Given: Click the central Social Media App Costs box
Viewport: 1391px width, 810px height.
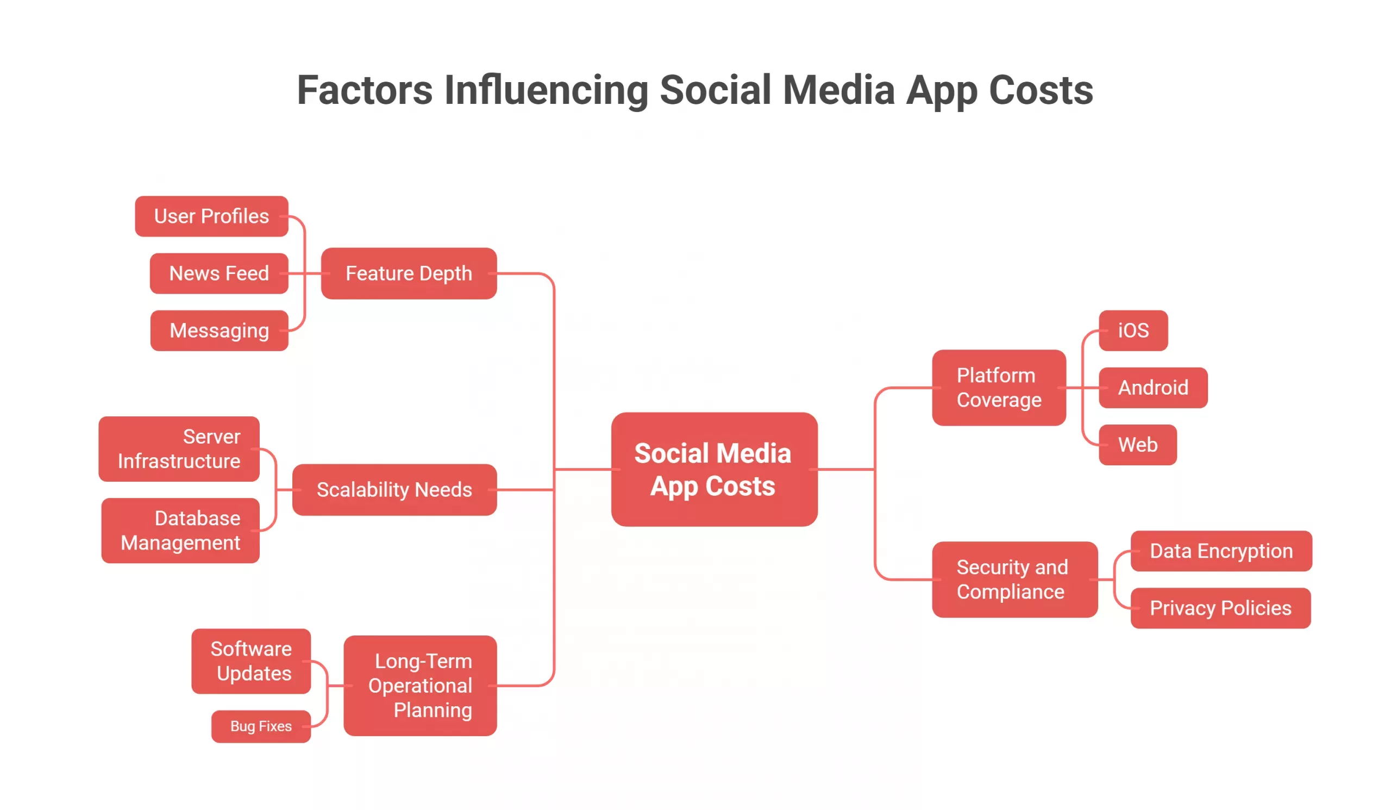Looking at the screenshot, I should [x=714, y=469].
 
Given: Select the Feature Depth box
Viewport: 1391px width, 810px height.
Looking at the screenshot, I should [x=409, y=273].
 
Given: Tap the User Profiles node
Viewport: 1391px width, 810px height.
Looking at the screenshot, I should [x=211, y=216].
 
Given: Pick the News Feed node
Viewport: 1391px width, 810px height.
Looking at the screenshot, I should [x=219, y=273].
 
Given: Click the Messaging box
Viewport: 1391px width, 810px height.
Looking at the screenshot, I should [x=219, y=331].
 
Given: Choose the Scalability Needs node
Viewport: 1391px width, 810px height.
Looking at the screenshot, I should [x=394, y=490].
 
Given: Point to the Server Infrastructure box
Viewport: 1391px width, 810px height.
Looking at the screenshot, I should [x=179, y=449].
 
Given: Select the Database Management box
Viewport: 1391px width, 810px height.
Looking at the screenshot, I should [x=180, y=531].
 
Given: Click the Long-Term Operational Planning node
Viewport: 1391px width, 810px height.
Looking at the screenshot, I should [x=420, y=685].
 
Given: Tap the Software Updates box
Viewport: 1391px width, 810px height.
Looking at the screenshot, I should [x=251, y=661].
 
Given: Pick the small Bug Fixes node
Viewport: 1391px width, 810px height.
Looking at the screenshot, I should [x=261, y=726].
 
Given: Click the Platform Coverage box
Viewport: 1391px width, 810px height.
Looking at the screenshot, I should [x=999, y=388].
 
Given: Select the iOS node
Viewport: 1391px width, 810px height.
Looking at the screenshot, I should [x=1133, y=331].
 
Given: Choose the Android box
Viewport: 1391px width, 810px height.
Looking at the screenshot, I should [x=1152, y=388].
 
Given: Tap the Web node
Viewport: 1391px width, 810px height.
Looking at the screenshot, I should [x=1137, y=445].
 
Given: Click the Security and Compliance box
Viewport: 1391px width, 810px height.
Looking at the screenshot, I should [x=1014, y=579].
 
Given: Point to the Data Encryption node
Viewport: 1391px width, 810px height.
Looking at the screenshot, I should [x=1220, y=551].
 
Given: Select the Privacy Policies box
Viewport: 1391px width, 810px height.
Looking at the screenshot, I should [x=1220, y=608].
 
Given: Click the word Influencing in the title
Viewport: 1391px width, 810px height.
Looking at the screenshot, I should [x=546, y=90].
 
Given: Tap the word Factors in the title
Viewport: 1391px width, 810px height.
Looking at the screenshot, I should [x=365, y=90].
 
